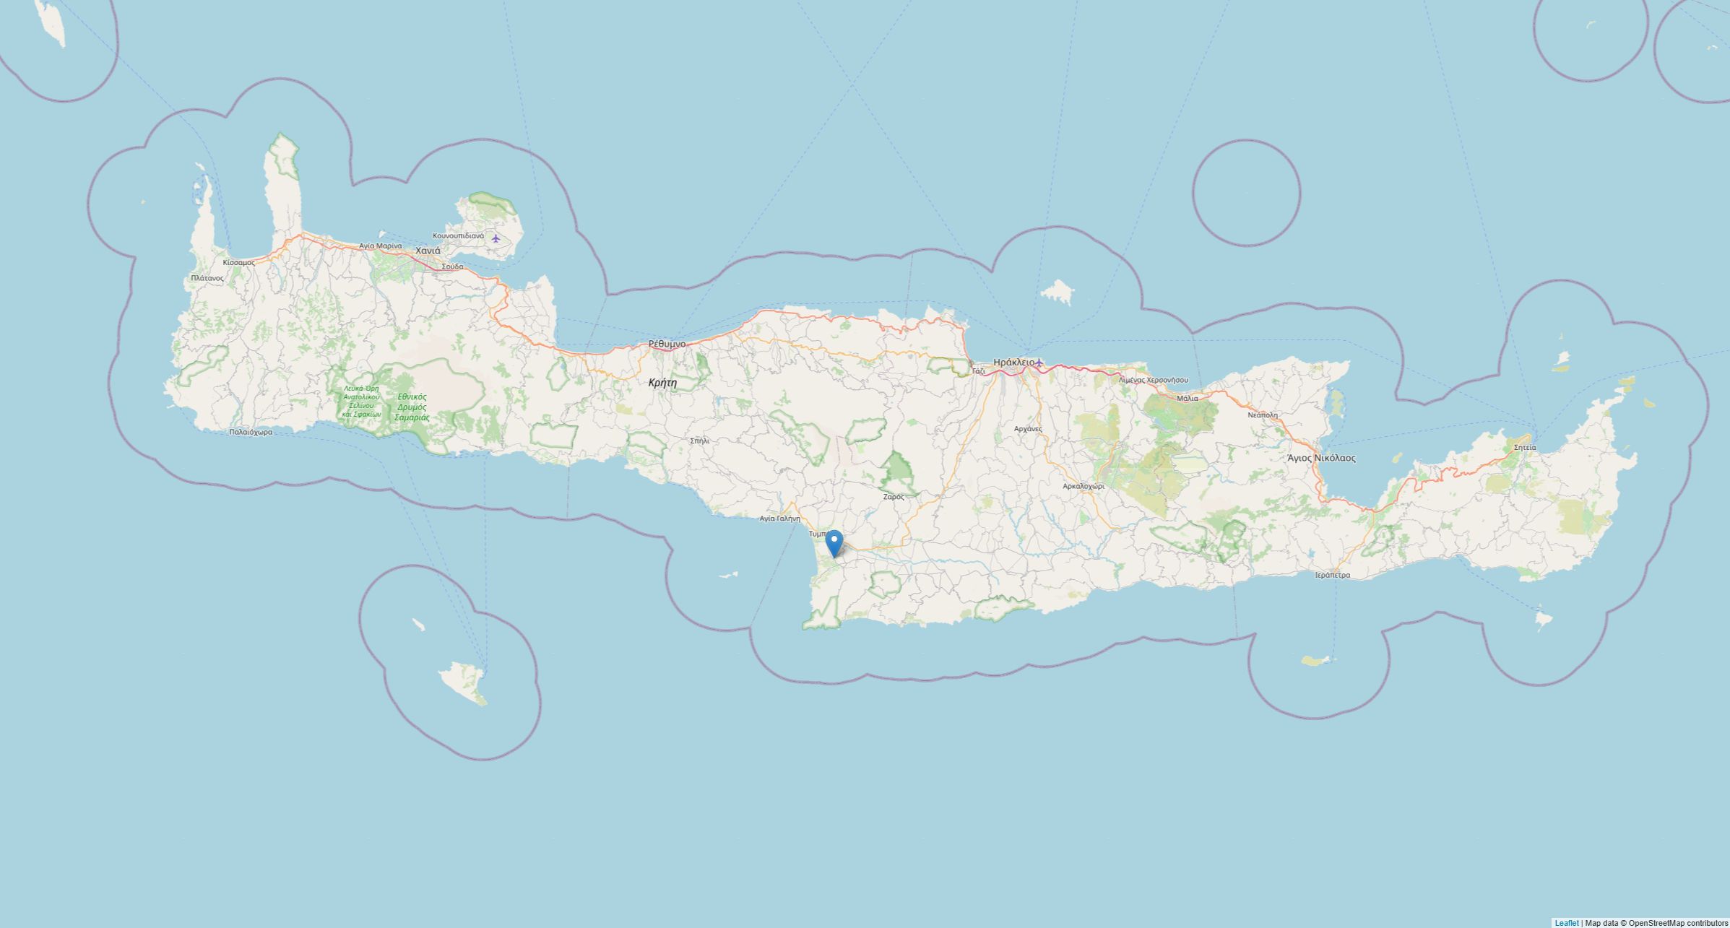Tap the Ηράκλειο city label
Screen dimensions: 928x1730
coord(1013,362)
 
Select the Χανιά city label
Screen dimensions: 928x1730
coord(428,251)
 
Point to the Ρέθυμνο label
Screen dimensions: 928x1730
coord(667,344)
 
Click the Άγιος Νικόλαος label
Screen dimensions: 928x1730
coord(1321,458)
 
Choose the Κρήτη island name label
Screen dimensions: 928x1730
coord(662,383)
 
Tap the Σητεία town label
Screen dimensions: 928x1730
coord(1525,447)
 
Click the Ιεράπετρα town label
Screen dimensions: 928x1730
coord(1332,576)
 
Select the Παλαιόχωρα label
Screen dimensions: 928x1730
coord(251,432)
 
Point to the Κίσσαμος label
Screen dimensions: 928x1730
coord(239,262)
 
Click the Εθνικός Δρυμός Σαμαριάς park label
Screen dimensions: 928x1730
coord(413,407)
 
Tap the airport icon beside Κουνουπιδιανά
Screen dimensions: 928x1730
coord(496,238)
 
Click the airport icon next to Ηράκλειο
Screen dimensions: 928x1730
coord(1039,362)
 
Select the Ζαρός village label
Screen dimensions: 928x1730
coord(894,497)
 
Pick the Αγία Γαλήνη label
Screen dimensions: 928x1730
coord(779,519)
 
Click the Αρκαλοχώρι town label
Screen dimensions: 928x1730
coord(1083,486)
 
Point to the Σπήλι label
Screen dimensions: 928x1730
coord(699,440)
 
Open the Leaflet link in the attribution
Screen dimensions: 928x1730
coord(1566,923)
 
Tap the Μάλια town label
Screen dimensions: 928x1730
coord(1187,398)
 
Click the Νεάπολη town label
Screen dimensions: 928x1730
coord(1263,415)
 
